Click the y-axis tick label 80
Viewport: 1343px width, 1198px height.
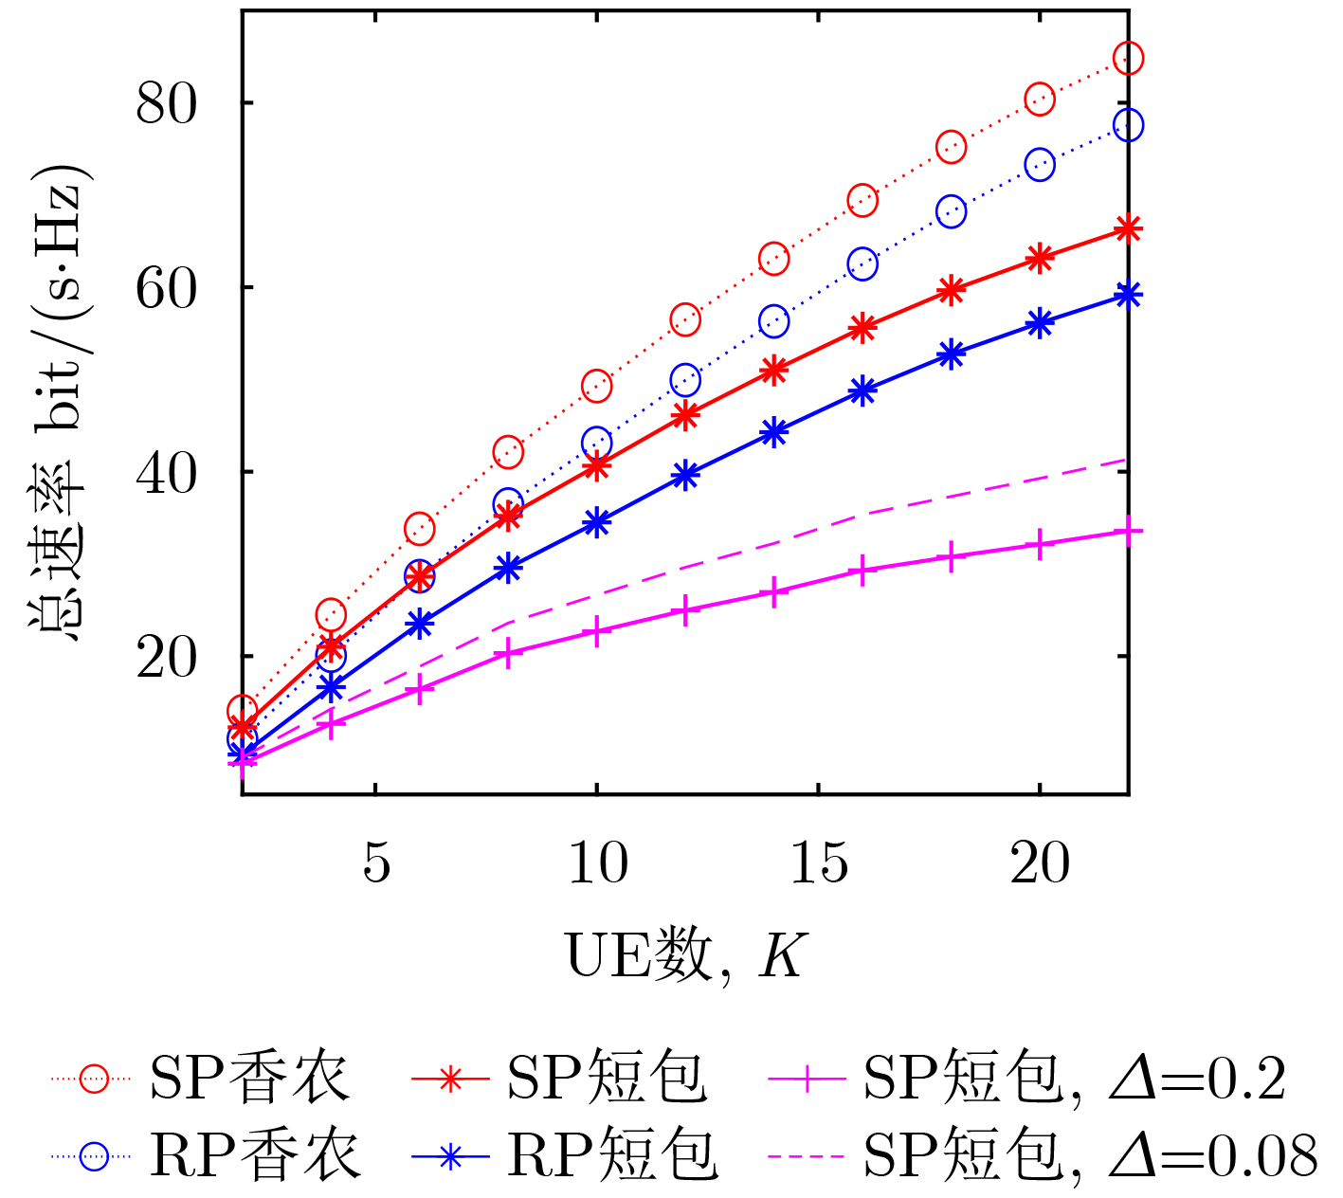(x=166, y=102)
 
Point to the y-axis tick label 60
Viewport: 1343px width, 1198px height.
(x=166, y=287)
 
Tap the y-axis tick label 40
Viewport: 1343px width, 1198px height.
(x=166, y=472)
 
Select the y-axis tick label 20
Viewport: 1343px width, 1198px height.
(x=166, y=657)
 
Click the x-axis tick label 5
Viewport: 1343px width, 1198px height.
(x=376, y=862)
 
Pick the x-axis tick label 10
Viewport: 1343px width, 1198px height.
(x=597, y=862)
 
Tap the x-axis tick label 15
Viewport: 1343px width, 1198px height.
(x=819, y=862)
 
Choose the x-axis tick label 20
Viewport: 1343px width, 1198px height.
(x=1040, y=862)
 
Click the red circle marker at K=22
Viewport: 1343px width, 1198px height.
(x=1128, y=58)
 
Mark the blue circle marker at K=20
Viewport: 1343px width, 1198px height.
(x=1040, y=165)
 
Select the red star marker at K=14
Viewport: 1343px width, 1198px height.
(x=774, y=370)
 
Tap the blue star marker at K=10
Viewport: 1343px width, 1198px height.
(x=596, y=522)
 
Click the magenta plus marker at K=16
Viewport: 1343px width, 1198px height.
(x=862, y=571)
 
